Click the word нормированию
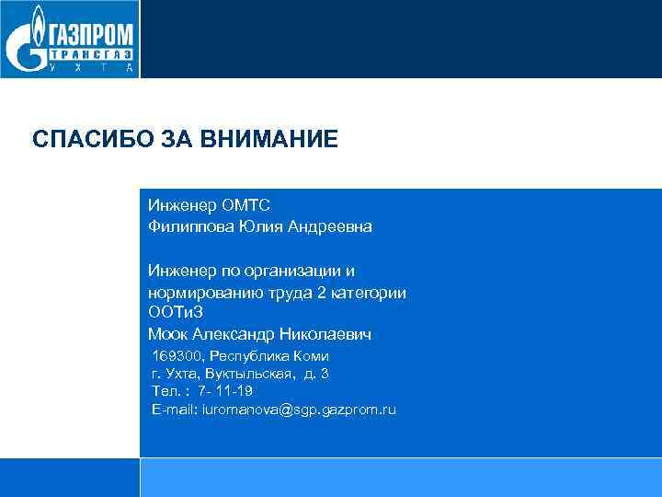(x=198, y=293)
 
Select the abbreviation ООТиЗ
(x=171, y=313)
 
